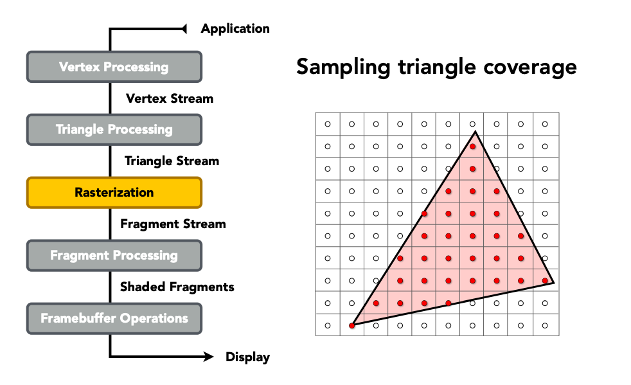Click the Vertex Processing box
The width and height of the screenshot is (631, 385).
pyautogui.click(x=114, y=67)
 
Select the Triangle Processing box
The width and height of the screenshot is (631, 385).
pyautogui.click(x=114, y=130)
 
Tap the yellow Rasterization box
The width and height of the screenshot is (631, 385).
pyautogui.click(x=114, y=193)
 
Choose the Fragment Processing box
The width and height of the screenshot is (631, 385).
pyautogui.click(x=114, y=255)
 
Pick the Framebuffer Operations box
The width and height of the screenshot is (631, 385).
pyautogui.click(x=114, y=319)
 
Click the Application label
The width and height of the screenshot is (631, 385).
pyautogui.click(x=235, y=29)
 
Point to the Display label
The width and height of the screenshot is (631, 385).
pyautogui.click(x=247, y=357)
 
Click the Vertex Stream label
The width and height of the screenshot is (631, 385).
pyautogui.click(x=170, y=99)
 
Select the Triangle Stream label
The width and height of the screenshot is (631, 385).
pyautogui.click(x=172, y=161)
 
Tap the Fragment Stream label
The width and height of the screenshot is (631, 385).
pyautogui.click(x=173, y=224)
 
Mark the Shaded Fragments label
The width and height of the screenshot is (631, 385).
pyautogui.click(x=177, y=287)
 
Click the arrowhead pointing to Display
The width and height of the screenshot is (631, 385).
pyautogui.click(x=208, y=357)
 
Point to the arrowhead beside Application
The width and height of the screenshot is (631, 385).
pyautogui.click(x=184, y=29)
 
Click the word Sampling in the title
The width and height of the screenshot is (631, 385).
pyautogui.click(x=343, y=67)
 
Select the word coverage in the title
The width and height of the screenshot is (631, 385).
pyautogui.click(x=530, y=67)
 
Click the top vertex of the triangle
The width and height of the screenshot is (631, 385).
pyautogui.click(x=475, y=131)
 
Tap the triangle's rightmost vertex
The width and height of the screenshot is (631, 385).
pyautogui.click(x=554, y=283)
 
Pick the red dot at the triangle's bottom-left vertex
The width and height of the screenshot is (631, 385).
pyautogui.click(x=351, y=325)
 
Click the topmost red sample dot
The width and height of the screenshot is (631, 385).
pyautogui.click(x=472, y=147)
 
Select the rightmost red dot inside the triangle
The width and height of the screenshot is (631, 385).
pyautogui.click(x=545, y=281)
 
